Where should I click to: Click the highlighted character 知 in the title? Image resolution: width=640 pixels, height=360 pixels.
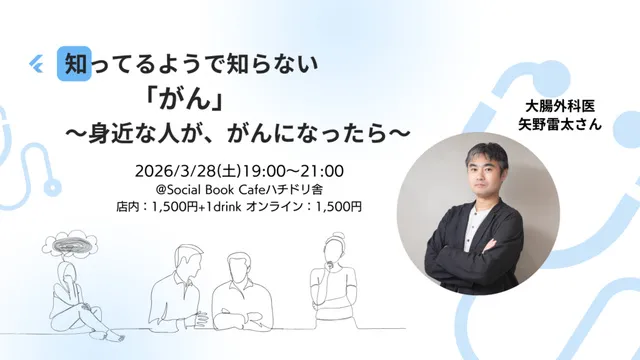coord(75,65)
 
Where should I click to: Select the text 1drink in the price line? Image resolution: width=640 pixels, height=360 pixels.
coord(245,206)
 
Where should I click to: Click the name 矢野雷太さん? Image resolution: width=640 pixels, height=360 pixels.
coord(558,126)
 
